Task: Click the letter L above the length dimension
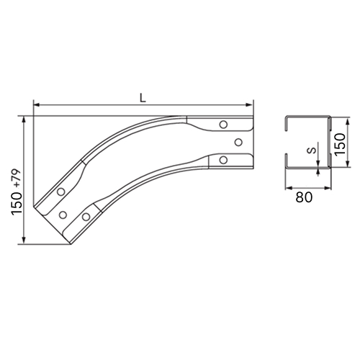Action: (143, 98)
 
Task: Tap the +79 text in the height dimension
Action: (17, 178)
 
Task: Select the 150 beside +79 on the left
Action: (17, 202)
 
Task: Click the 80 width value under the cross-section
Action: (304, 197)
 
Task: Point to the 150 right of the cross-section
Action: (340, 144)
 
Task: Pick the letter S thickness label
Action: (312, 150)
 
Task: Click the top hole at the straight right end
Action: (223, 125)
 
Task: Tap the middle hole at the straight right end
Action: (238, 143)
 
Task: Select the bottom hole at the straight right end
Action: (223, 160)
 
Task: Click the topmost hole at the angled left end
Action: (61, 192)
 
